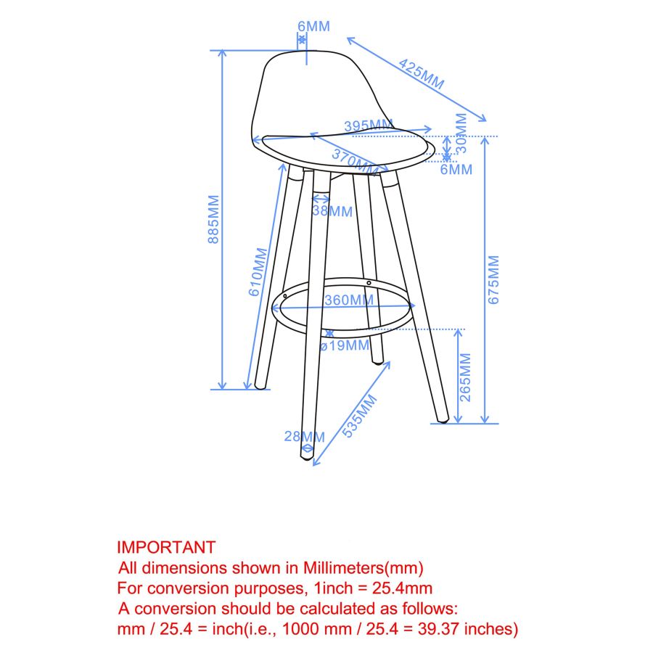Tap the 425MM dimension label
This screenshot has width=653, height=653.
click(421, 75)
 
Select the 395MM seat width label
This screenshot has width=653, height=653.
click(368, 126)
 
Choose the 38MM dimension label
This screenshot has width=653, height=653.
click(332, 212)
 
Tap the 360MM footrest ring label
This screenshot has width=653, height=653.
click(349, 300)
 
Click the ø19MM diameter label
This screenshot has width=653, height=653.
click(345, 345)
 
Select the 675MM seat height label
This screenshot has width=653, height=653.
click(494, 279)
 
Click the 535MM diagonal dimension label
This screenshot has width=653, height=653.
click(361, 416)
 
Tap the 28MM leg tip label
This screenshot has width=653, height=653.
click(304, 436)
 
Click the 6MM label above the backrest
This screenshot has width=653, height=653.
click(313, 27)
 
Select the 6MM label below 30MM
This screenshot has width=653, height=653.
click(456, 170)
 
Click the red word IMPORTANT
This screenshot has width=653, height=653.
click(166, 547)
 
